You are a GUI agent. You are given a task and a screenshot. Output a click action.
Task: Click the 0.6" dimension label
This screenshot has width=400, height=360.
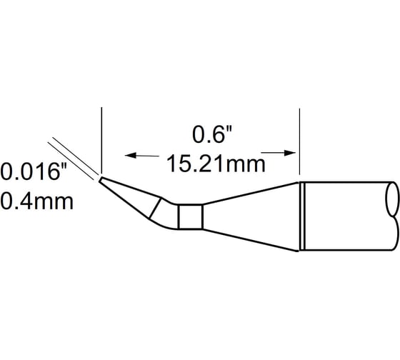pyautogui.click(x=212, y=134)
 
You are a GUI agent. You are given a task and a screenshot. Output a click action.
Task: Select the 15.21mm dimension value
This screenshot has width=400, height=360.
pyautogui.click(x=212, y=164)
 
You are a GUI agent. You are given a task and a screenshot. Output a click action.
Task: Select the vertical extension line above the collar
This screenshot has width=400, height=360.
pyautogui.click(x=298, y=139)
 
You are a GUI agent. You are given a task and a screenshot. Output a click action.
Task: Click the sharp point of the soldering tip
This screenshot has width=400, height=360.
pyautogui.click(x=99, y=178)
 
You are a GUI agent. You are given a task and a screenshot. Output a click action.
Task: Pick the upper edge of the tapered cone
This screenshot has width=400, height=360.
pyautogui.click(x=250, y=193)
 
